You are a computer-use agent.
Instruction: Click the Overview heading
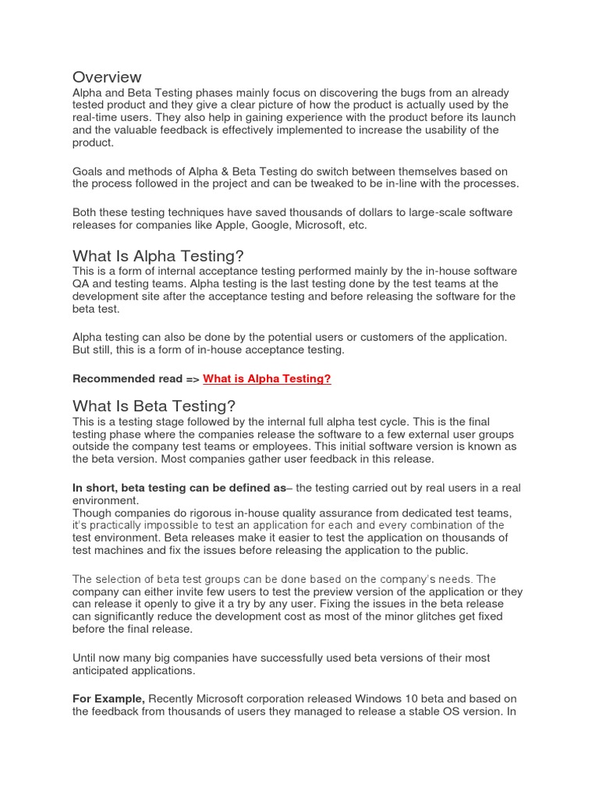pyautogui.click(x=107, y=76)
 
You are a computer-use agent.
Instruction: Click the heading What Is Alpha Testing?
pyautogui.click(x=158, y=256)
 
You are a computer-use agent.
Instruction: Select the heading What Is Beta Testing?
pyautogui.click(x=154, y=406)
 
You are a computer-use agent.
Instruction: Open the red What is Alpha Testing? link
pyautogui.click(x=267, y=378)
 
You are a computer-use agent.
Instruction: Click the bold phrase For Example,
pyautogui.click(x=108, y=698)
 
